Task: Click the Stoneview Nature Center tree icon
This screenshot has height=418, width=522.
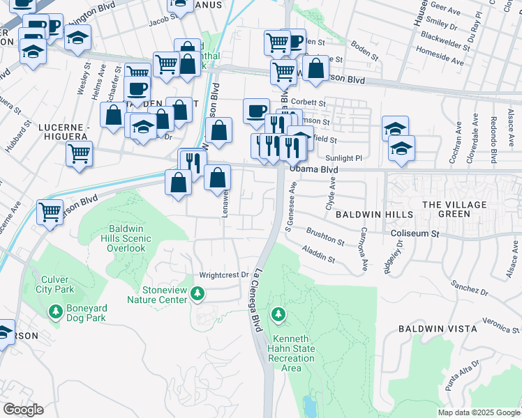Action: (x=198, y=294)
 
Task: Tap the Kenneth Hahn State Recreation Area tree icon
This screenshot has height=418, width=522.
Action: (x=279, y=316)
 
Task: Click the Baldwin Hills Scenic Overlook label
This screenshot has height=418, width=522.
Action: (x=121, y=238)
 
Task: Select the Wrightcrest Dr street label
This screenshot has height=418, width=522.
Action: (x=224, y=274)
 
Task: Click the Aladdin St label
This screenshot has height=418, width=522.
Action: (x=318, y=253)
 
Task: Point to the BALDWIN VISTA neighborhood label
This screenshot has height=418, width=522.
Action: (x=438, y=328)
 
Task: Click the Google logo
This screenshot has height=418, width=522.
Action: (x=23, y=410)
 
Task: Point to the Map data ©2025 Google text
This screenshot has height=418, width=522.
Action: (x=478, y=412)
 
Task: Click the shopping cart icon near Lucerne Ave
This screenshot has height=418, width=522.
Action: (x=50, y=211)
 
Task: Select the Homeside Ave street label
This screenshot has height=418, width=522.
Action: (x=439, y=56)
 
